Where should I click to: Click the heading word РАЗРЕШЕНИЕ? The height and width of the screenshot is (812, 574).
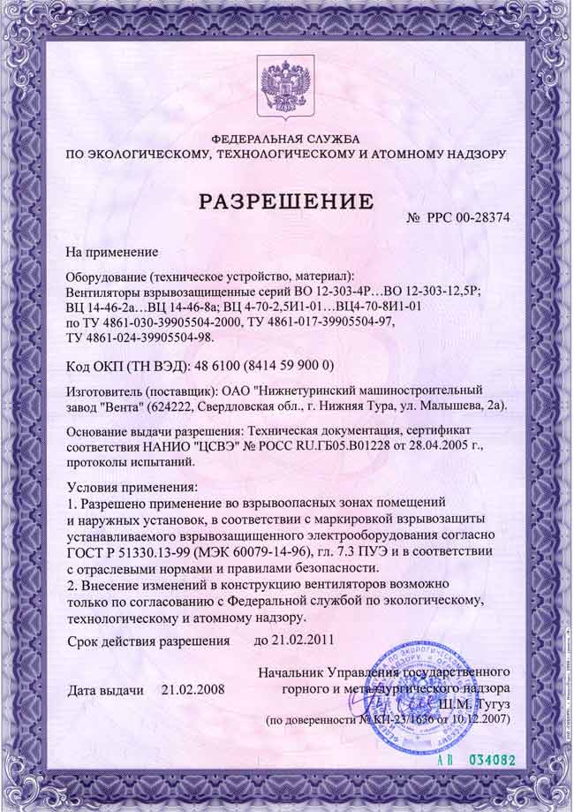[285, 201]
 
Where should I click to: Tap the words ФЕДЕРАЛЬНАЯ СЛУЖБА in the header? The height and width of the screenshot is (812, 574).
[286, 140]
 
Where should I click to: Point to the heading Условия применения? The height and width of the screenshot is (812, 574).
[133, 487]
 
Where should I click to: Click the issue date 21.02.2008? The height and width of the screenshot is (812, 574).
[193, 689]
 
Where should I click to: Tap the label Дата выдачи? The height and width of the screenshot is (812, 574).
[105, 689]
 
